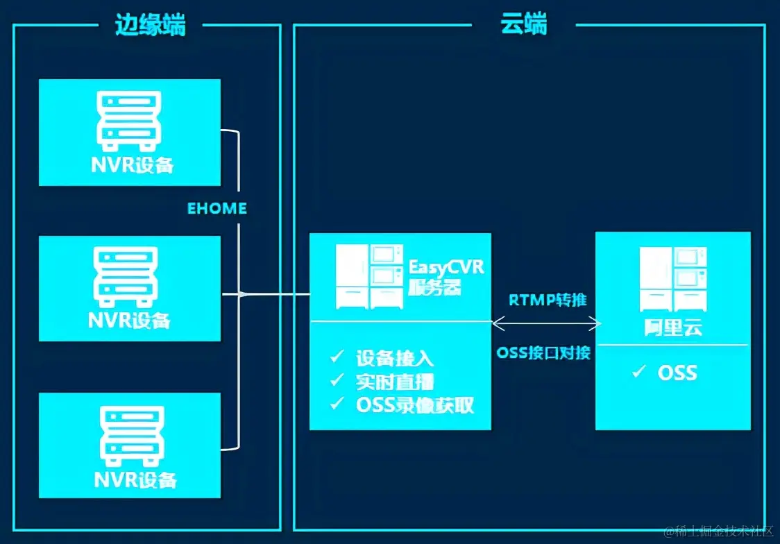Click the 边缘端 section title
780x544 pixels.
[x=150, y=26]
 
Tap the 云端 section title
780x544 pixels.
[x=524, y=25]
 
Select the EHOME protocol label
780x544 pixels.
[x=217, y=208]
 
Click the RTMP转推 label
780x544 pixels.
[x=548, y=300]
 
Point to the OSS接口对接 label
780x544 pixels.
[x=543, y=352]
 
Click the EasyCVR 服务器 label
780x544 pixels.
[x=445, y=277]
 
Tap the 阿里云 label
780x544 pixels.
[x=672, y=326]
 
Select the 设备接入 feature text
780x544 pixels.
[x=395, y=358]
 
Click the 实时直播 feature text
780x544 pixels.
[x=395, y=381]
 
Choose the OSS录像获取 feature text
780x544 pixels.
[x=415, y=405]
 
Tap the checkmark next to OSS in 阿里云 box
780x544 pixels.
[x=639, y=373]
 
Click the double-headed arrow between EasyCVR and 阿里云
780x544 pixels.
[x=545, y=322]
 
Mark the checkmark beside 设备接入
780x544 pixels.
[x=337, y=357]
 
